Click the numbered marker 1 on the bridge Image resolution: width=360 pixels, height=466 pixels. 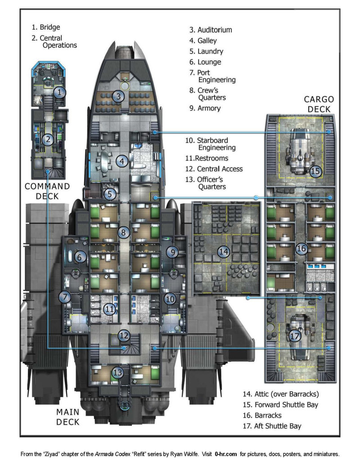[60, 93]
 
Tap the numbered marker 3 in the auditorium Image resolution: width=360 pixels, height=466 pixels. [118, 96]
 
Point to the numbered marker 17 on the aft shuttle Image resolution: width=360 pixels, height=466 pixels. [295, 336]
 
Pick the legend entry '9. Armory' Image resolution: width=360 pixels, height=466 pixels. [205, 108]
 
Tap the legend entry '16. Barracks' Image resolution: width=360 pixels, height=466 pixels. [269, 415]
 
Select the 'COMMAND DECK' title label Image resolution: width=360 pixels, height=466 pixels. [47, 191]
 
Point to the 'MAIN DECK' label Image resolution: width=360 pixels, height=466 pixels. [68, 417]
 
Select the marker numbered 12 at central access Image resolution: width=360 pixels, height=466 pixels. [124, 335]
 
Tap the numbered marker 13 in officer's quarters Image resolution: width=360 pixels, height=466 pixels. [118, 372]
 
